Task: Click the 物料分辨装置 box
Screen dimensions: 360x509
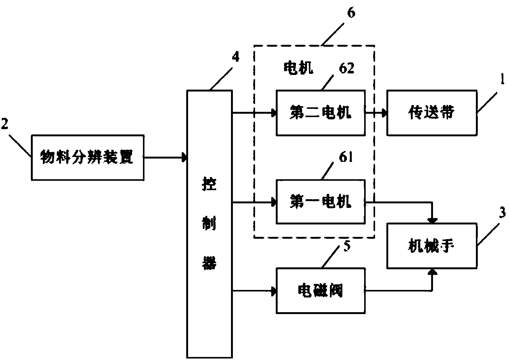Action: (87, 157)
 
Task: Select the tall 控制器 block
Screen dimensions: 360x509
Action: (210, 224)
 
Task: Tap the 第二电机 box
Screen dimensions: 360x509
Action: (320, 113)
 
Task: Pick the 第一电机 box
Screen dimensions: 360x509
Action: (320, 203)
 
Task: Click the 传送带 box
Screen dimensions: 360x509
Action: (432, 113)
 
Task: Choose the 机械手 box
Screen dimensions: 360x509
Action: (432, 246)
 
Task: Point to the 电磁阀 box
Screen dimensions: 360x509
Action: (320, 290)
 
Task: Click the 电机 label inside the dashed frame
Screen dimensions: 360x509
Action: (298, 68)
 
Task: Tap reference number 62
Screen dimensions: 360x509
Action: (346, 69)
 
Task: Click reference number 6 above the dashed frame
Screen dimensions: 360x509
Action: (351, 14)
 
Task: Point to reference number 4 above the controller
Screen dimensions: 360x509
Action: (236, 57)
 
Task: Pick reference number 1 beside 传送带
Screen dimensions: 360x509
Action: (502, 81)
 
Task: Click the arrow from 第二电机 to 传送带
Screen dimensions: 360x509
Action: (376, 113)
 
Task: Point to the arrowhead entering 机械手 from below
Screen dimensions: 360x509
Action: (433, 272)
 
